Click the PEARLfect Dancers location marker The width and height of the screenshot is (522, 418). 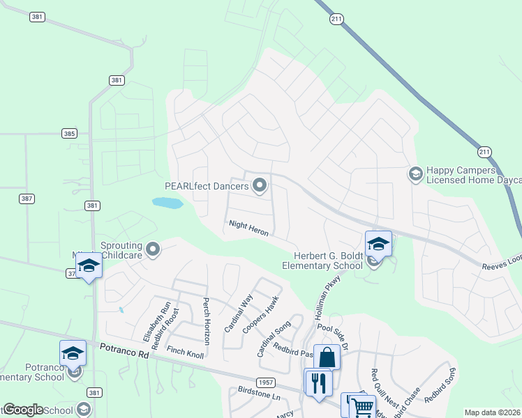[x=260, y=185]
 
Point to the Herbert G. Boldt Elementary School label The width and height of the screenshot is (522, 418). [x=322, y=260]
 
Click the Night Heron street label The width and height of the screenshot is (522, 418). [x=248, y=228]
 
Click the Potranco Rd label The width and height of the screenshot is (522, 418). [x=125, y=350]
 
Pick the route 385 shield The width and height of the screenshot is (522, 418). [x=69, y=133]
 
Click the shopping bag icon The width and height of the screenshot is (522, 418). [x=326, y=358]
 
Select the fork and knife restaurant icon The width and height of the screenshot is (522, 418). [x=318, y=382]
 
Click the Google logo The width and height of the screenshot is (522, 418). [x=23, y=410]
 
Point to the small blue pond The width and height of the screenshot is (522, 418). [x=167, y=203]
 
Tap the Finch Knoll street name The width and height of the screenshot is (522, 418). [x=186, y=353]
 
